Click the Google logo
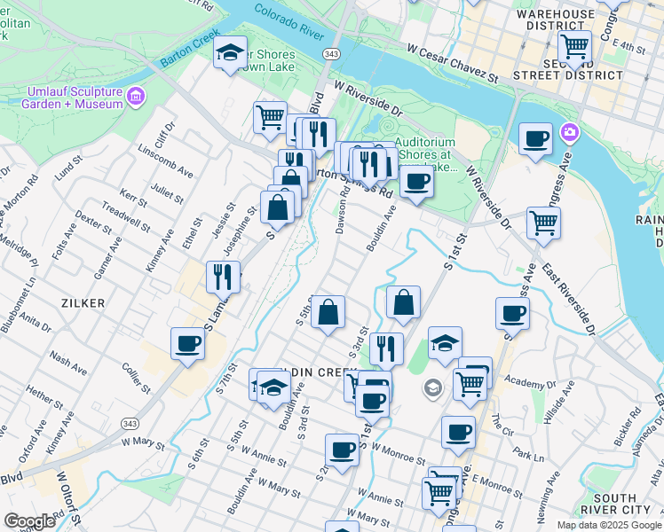click(x=29, y=520)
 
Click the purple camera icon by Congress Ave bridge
click(x=569, y=134)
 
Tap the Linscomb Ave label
click(x=166, y=161)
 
